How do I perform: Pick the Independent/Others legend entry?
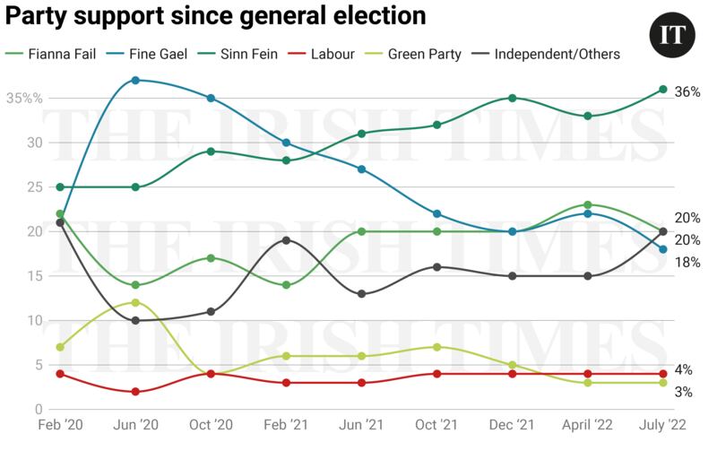pyautogui.click(x=556, y=55)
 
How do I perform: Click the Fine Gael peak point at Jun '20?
pyautogui.click(x=135, y=80)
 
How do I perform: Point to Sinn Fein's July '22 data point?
pyautogui.click(x=663, y=89)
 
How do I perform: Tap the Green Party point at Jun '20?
pyautogui.click(x=135, y=302)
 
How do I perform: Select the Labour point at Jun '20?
pyautogui.click(x=135, y=392)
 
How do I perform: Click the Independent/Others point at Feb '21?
pyautogui.click(x=286, y=240)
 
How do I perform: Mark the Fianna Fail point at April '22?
pyautogui.click(x=588, y=204)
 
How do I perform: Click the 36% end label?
pyautogui.click(x=687, y=92)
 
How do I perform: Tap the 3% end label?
pyautogui.click(x=683, y=392)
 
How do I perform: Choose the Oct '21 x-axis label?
pyautogui.click(x=436, y=425)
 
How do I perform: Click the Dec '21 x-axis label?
pyautogui.click(x=512, y=425)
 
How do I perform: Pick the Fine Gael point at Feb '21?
pyautogui.click(x=286, y=143)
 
